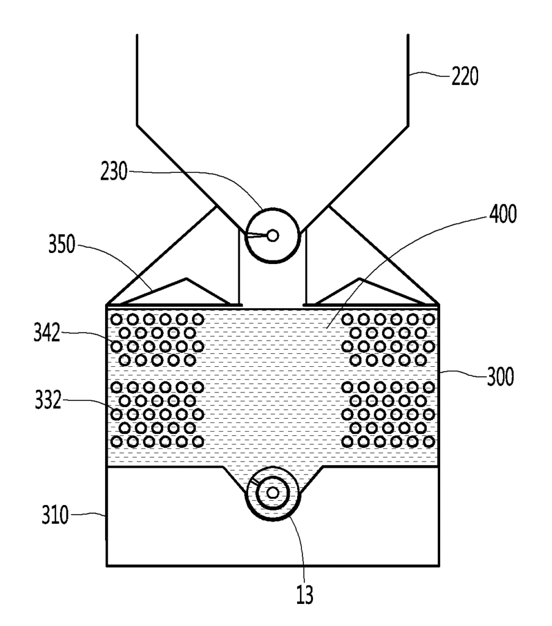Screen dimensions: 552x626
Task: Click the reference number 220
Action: pos(465,76)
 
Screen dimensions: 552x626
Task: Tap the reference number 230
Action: pos(114,172)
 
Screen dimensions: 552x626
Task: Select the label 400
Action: pos(503,213)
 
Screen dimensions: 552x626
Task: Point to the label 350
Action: pos(62,244)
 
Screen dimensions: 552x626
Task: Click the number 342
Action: pos(46,332)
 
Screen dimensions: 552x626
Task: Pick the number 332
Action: pos(48,400)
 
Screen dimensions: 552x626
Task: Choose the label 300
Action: pos(500,376)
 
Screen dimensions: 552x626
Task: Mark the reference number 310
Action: pos(56,515)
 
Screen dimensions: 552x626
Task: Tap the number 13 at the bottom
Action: pos(304,594)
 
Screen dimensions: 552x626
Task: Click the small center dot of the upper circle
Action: pos(273,235)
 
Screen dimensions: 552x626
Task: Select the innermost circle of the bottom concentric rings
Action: pos(273,493)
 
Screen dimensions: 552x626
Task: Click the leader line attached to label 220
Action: pos(430,74)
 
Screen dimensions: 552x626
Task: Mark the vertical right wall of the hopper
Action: pos(408,80)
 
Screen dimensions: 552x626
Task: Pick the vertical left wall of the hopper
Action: pos(137,80)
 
